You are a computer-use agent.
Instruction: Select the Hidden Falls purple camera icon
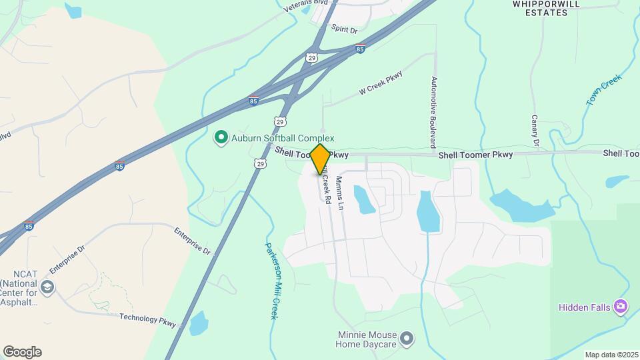click(x=621, y=307)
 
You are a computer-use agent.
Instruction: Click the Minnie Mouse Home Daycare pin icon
click(x=407, y=339)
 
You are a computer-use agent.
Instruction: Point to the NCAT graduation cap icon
click(x=47, y=288)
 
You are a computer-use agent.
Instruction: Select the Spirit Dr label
click(x=345, y=31)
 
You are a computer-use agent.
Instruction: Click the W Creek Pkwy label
click(x=381, y=83)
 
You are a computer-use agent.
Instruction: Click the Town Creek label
click(x=604, y=90)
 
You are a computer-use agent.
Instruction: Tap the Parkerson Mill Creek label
click(x=270, y=279)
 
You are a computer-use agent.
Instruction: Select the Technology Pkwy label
click(x=148, y=320)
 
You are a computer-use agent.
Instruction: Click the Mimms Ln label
click(x=339, y=194)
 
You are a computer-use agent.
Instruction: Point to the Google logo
click(x=22, y=352)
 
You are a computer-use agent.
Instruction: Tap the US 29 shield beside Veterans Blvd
click(x=311, y=58)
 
